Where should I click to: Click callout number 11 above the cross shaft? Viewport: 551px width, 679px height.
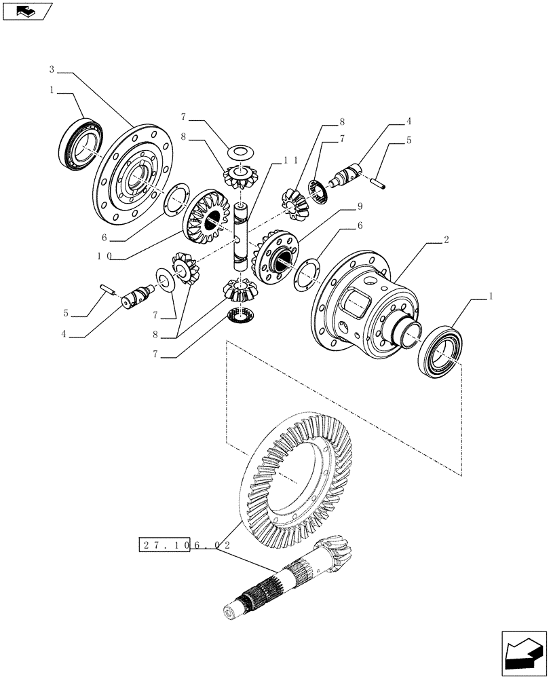(x=290, y=160)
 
